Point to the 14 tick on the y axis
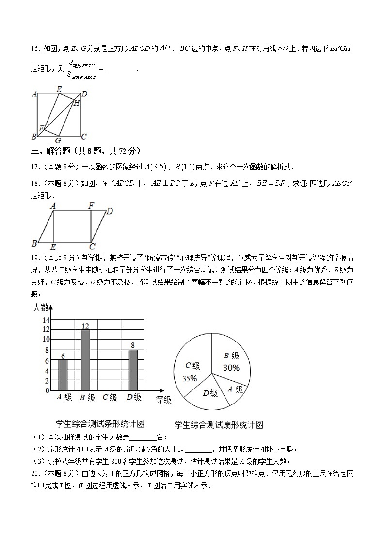click(47, 320)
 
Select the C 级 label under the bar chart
click(110, 398)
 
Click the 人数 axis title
click(40, 307)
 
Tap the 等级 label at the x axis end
click(163, 400)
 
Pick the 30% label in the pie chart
click(231, 368)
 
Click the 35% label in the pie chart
click(190, 379)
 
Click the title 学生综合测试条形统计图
click(100, 423)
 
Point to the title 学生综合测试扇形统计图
click(219, 425)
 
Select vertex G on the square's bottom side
click(58, 140)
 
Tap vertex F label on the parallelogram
click(91, 206)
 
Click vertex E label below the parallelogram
click(53, 247)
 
